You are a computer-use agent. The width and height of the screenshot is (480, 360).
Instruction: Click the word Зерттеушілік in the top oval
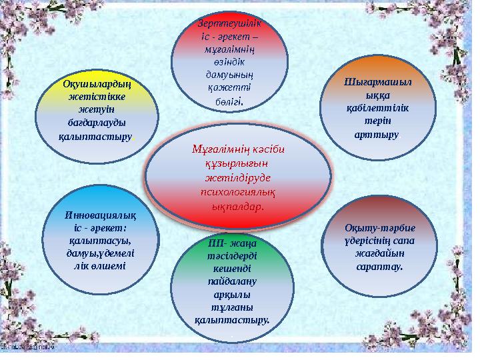(230, 22)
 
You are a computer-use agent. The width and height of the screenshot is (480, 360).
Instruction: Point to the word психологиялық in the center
(238, 191)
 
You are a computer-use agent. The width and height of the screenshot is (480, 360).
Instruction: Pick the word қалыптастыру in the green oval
(231, 319)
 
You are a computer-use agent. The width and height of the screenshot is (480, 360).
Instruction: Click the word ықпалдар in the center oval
(237, 205)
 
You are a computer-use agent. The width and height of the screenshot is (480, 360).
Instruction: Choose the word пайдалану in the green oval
(231, 281)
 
